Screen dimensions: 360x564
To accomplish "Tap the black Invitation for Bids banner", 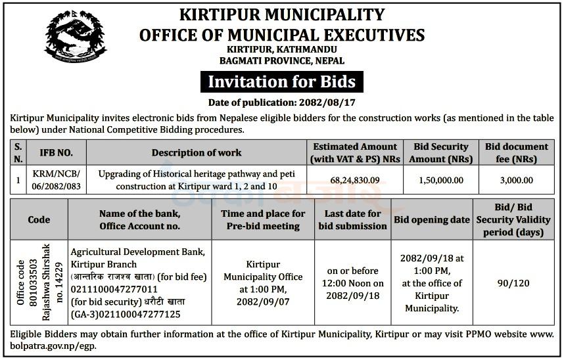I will pyautogui.click(x=281, y=82).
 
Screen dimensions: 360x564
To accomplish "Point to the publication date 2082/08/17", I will pyautogui.click(x=324, y=102).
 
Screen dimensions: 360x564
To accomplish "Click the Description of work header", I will pyautogui.click(x=197, y=152).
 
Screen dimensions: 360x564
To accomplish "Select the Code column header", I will pyautogui.click(x=39, y=220).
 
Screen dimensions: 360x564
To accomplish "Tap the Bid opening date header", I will pyautogui.click(x=431, y=220).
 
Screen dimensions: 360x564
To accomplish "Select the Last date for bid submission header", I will pyautogui.click(x=352, y=220).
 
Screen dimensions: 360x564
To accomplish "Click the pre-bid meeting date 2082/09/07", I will pyautogui.click(x=263, y=302).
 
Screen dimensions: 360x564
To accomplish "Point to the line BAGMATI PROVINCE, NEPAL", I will pyautogui.click(x=281, y=61).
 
